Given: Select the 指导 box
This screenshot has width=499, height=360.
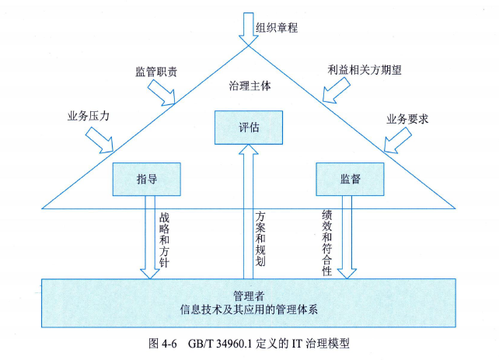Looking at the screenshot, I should [x=147, y=179].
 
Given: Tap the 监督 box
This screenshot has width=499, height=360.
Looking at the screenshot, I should [x=350, y=179].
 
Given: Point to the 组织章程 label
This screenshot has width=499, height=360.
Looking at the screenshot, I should [x=277, y=27].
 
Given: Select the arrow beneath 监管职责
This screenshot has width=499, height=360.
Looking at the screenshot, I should [x=164, y=94].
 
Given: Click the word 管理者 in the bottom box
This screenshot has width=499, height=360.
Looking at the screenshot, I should [x=249, y=295].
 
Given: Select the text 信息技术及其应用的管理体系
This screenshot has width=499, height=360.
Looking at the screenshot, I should [x=249, y=309].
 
